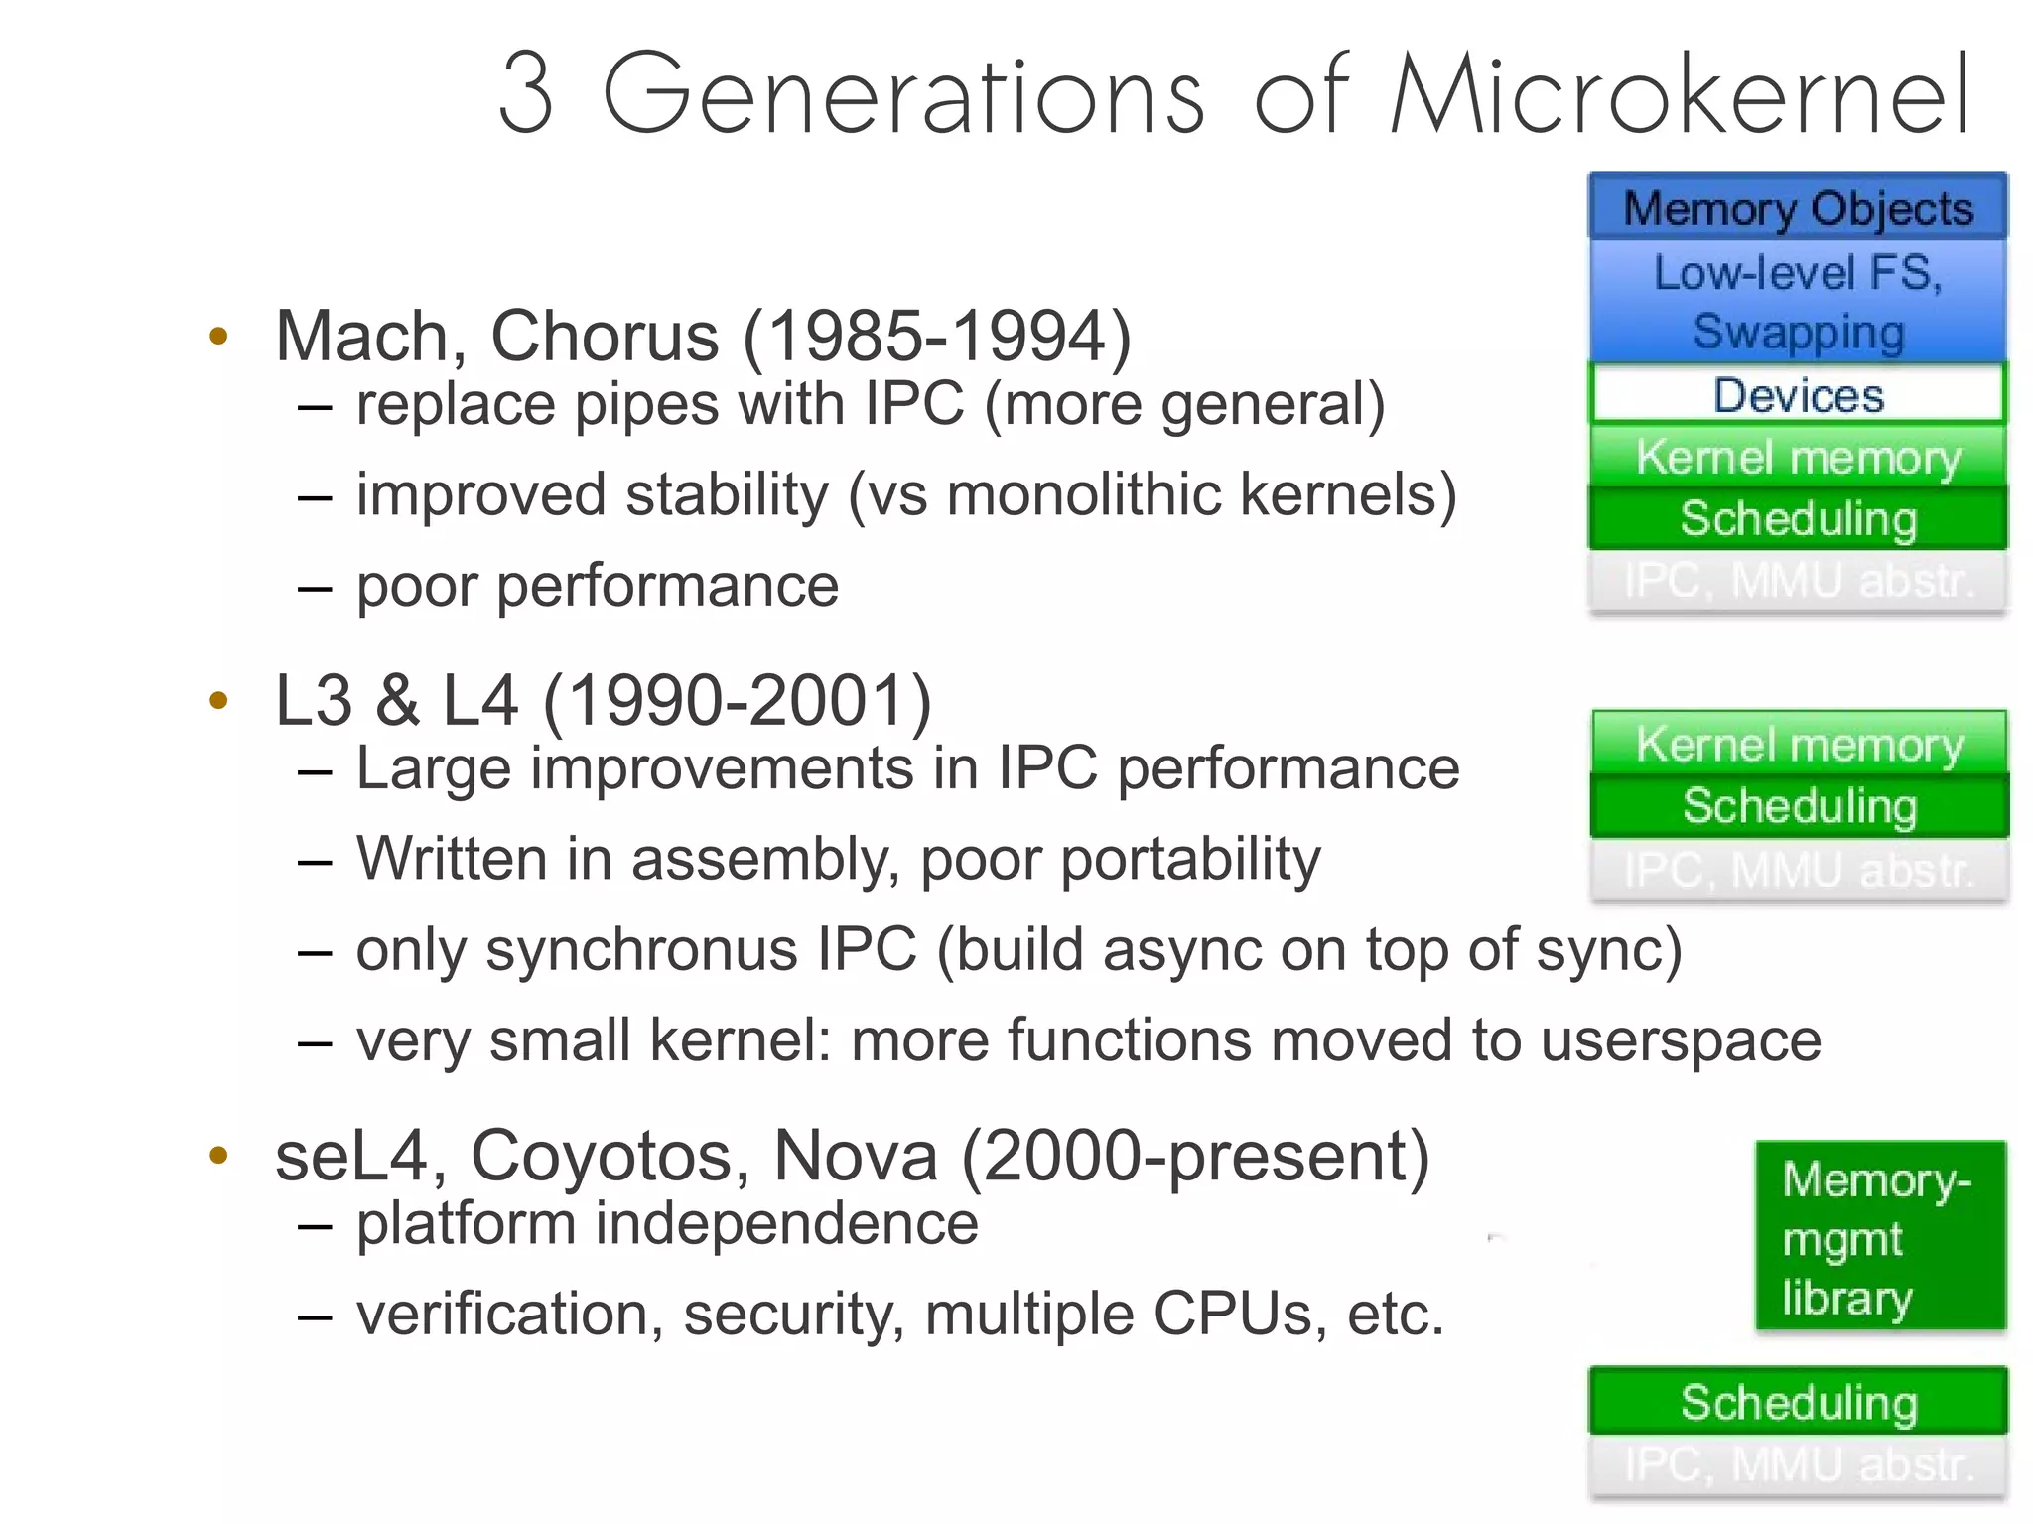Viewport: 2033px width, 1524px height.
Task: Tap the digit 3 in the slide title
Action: pos(525,95)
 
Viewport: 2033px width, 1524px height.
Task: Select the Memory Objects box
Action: pos(1798,207)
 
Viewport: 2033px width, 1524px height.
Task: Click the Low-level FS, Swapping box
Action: pos(1798,301)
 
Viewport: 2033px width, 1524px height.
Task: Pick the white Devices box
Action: pos(1798,394)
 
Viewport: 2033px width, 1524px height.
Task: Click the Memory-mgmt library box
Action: pos(1880,1237)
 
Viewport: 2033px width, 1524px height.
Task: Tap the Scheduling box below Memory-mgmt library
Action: pos(1798,1401)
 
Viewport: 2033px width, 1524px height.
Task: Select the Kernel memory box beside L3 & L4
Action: pos(1798,743)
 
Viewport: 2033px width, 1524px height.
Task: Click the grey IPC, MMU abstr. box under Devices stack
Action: pos(1798,581)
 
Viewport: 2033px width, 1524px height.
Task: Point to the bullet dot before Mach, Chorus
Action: pos(219,336)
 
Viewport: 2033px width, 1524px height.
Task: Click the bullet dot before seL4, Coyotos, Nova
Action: pos(219,1156)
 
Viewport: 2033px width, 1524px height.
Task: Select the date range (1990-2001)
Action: pos(738,701)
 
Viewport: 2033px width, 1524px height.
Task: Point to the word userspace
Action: pos(1681,1040)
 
